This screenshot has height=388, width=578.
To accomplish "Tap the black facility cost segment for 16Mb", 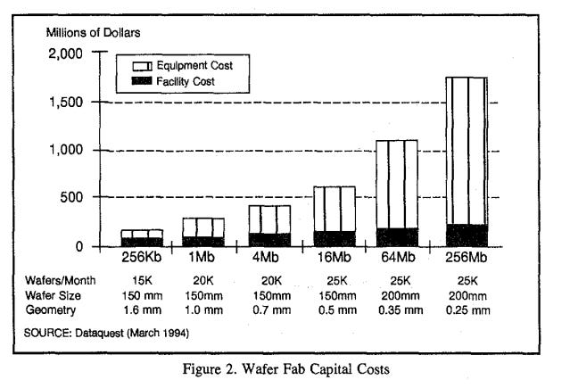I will (334, 238).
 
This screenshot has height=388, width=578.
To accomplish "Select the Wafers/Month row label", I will (59, 279).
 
